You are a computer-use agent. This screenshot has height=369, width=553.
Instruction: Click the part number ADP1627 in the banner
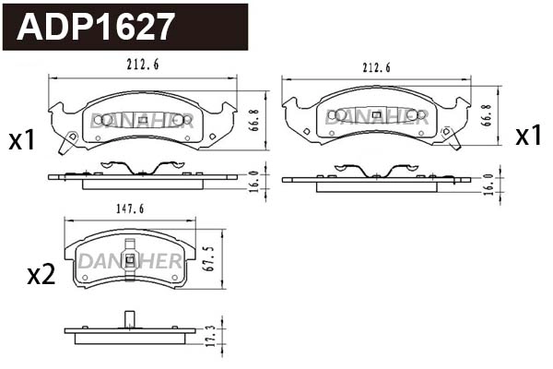coord(97,27)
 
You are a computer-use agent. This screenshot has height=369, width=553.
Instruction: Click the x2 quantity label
coord(41,274)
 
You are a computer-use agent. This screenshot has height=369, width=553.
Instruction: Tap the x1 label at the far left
coord(21,140)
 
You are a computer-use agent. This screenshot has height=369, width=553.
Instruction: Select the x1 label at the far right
coord(528,137)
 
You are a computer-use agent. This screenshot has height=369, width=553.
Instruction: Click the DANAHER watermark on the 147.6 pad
coord(129,261)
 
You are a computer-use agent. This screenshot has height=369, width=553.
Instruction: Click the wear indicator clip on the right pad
coord(452,137)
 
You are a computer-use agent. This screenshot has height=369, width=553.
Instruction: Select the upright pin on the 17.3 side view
coord(129,320)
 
